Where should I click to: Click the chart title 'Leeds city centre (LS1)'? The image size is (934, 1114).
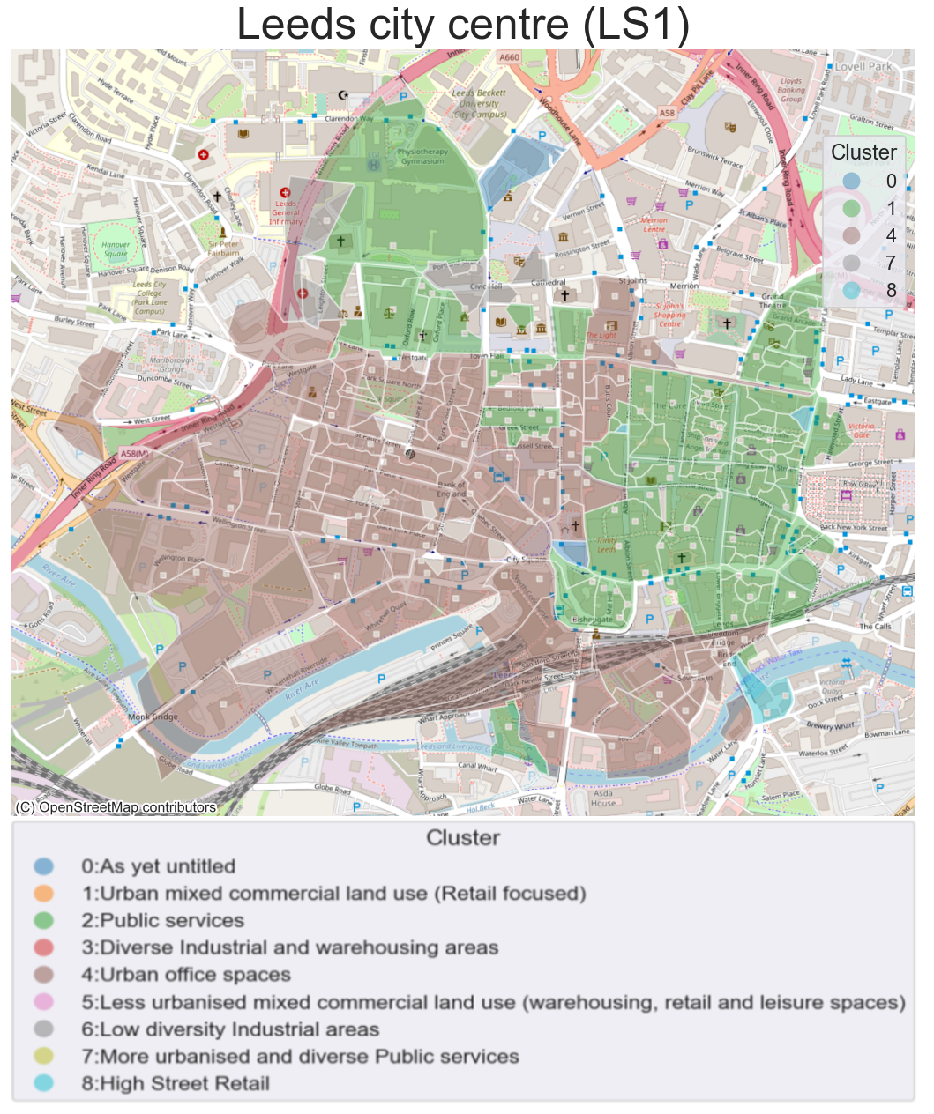click(463, 25)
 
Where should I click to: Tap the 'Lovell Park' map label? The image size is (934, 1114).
click(863, 66)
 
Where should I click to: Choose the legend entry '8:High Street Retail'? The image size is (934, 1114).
click(175, 1084)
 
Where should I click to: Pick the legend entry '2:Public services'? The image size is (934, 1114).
click(162, 920)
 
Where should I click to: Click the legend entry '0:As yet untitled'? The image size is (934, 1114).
click(158, 866)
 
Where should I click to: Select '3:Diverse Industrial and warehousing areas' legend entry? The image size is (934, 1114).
click(289, 947)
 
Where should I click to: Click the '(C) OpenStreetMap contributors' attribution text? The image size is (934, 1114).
click(116, 807)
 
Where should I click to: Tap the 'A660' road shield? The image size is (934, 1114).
click(509, 57)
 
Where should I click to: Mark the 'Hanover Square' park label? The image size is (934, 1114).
click(116, 249)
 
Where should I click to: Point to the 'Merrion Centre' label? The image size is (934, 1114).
click(654, 225)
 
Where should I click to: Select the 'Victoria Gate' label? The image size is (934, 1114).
click(861, 430)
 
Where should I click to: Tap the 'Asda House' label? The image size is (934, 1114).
click(603, 798)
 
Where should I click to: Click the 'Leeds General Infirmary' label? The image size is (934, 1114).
click(286, 212)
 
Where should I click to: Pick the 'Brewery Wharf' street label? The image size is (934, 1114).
click(831, 726)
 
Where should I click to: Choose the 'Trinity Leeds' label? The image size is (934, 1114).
click(607, 545)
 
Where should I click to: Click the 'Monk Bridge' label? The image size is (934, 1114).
click(153, 717)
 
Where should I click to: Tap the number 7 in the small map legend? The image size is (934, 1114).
click(891, 263)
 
